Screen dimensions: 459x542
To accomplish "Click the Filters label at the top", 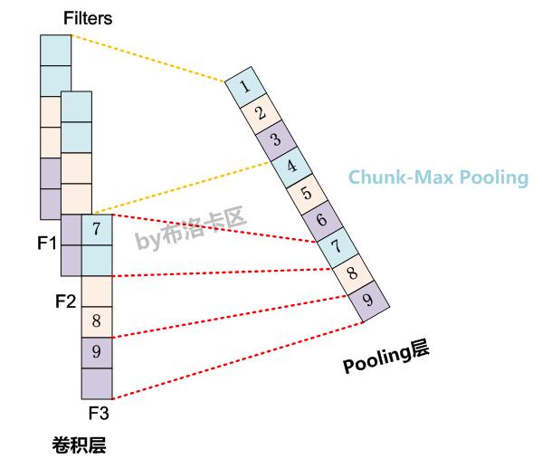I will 88,18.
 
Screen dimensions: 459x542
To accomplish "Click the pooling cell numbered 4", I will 290,167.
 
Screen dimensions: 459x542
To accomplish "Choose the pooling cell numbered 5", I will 306,193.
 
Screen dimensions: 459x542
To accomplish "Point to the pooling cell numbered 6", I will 321,220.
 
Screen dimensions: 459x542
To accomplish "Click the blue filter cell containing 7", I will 97,229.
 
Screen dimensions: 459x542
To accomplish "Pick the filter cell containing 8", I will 97,321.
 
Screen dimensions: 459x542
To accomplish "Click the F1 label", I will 47,244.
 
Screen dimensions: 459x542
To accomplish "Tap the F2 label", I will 65,301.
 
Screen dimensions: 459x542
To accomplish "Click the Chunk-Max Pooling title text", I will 438,177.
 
